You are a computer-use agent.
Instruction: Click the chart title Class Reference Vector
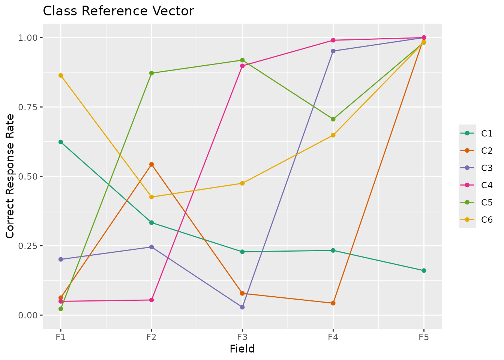tap(118, 11)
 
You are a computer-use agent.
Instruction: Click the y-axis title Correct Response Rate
tap(10, 176)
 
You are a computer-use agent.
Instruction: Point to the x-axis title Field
tap(242, 349)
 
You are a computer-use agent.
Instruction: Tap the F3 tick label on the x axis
tap(242, 337)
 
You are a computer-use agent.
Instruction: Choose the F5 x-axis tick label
tap(424, 337)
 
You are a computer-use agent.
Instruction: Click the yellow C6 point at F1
tap(61, 75)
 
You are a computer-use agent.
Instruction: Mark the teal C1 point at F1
tap(61, 142)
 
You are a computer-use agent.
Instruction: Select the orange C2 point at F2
tap(151, 164)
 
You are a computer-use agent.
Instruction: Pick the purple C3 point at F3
tap(242, 307)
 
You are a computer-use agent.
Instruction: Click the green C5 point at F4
tap(333, 119)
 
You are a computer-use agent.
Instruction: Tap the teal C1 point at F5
tap(424, 270)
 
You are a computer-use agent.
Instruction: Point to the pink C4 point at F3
tap(242, 66)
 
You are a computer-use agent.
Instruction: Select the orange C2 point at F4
tap(333, 303)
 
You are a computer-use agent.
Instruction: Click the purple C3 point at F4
tap(333, 51)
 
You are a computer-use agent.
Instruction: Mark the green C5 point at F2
tap(151, 73)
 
